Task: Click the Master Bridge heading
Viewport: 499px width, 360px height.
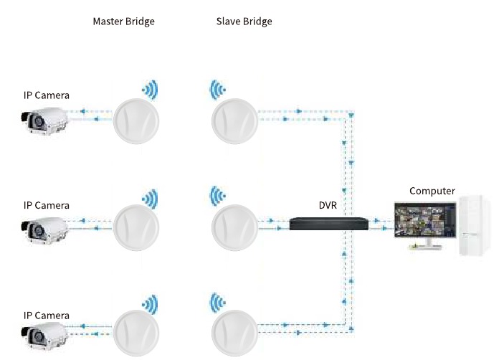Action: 124,22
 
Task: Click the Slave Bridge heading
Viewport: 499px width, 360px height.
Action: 244,22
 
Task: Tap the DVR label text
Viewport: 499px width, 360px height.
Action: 328,205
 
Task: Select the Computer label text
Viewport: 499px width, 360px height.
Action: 432,191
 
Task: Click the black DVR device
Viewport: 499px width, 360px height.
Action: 329,224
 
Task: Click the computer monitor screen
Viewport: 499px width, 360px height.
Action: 425,219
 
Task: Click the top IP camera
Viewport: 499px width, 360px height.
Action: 44,121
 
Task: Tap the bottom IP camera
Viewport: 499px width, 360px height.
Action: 44,336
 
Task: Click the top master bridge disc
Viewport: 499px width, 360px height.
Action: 136,121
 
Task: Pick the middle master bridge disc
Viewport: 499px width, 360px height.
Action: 136,227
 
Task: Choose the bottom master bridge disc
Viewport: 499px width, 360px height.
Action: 136,333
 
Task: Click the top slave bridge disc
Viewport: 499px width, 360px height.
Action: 234,121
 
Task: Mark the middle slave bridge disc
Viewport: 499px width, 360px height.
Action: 234,227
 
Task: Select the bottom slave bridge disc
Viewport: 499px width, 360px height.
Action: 234,333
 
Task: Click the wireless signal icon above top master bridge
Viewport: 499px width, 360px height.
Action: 151,90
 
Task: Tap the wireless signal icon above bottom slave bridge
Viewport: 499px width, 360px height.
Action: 218,303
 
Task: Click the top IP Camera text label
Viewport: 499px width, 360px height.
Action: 47,95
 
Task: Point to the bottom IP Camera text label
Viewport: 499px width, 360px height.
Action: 47,316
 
